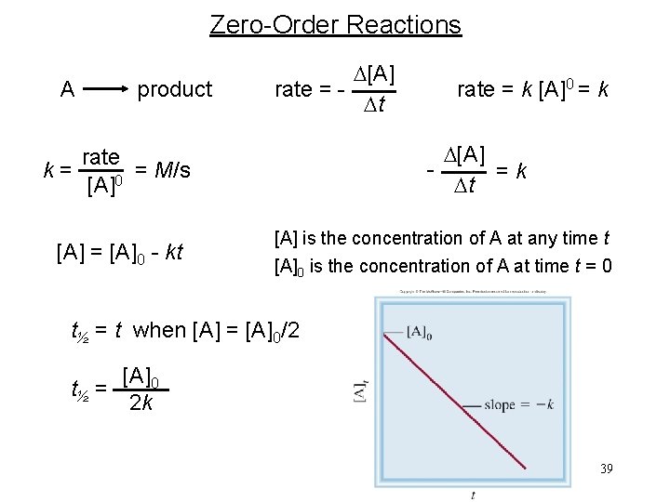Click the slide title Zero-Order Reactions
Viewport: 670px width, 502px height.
point(335,24)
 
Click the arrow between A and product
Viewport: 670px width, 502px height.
point(104,89)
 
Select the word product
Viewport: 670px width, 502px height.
point(175,89)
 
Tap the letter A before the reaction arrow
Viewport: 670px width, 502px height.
point(67,89)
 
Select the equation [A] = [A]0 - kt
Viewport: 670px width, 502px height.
point(120,252)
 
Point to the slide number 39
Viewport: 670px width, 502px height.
point(607,469)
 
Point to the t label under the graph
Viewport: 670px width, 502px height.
point(473,495)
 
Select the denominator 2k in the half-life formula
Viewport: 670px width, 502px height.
point(142,403)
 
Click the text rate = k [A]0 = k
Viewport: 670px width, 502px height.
point(532,89)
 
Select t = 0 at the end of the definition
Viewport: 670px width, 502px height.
point(592,266)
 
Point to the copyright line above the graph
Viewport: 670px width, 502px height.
point(472,291)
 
